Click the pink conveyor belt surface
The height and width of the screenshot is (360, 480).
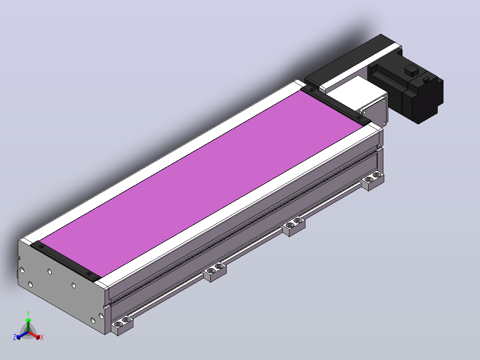click(200, 184)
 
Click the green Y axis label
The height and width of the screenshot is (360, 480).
click(28, 314)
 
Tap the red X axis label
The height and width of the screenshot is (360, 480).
click(42, 337)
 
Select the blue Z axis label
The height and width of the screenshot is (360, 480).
click(14, 337)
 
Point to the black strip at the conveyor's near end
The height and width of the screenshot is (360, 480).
click(65, 261)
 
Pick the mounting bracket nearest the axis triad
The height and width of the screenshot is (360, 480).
click(122, 325)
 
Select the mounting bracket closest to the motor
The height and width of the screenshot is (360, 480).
click(373, 181)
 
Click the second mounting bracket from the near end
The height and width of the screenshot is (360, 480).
click(215, 272)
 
